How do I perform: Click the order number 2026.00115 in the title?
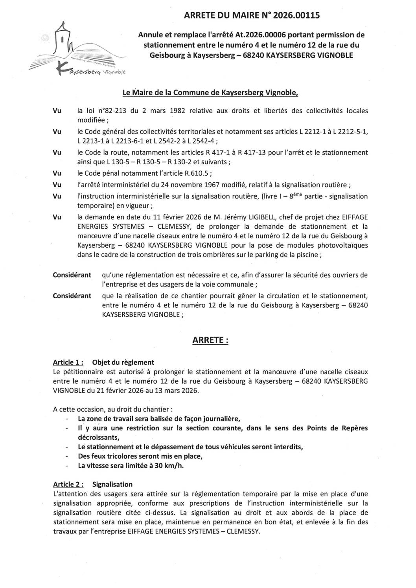tap(295, 16)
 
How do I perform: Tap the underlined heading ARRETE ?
tap(210, 340)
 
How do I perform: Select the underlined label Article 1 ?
tap(68, 362)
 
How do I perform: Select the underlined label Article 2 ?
tap(68, 484)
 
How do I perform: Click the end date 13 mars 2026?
tap(175, 391)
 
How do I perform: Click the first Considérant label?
tap(72, 275)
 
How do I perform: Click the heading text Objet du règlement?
tap(123, 362)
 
